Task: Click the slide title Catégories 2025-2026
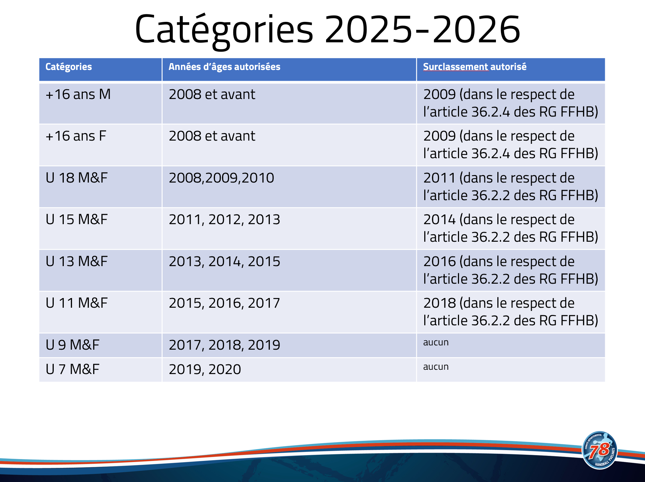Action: (x=327, y=30)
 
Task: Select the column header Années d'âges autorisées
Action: (x=224, y=67)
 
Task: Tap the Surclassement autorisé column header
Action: (x=475, y=67)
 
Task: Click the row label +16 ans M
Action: (x=78, y=94)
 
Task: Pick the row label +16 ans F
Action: (x=76, y=136)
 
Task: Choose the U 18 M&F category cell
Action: (x=77, y=178)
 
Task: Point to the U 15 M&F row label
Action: (x=77, y=219)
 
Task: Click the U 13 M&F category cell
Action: (x=77, y=261)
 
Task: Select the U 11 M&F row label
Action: (x=77, y=303)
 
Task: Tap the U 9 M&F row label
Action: (x=72, y=345)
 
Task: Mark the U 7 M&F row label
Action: (x=72, y=369)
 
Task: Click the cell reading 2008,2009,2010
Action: (x=221, y=178)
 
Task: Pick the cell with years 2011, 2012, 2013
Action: (x=224, y=220)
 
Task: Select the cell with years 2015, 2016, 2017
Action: (x=224, y=303)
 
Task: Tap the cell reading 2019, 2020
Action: (x=205, y=370)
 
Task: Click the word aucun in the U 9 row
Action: (x=436, y=342)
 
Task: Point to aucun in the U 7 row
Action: (x=436, y=367)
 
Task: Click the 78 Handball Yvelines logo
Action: (x=600, y=450)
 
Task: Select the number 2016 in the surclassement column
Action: (x=439, y=261)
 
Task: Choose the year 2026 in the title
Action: (x=476, y=29)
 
